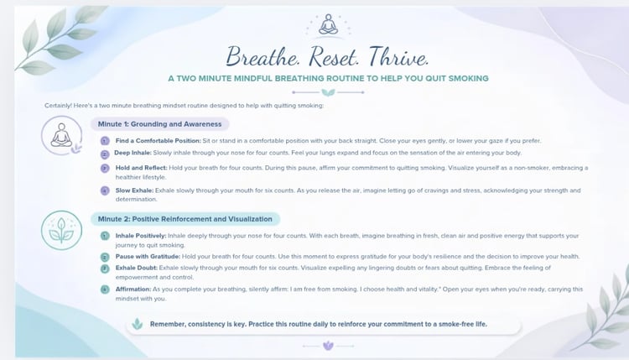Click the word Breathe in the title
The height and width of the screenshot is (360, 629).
pos(263,56)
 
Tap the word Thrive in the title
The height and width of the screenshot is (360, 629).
pos(398,56)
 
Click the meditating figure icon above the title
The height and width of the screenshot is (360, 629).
pos(328,25)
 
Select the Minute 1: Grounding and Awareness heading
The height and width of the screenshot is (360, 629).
pos(159,124)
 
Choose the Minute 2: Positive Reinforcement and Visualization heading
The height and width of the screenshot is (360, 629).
pos(185,219)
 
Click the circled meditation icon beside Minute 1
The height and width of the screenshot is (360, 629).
pos(61,136)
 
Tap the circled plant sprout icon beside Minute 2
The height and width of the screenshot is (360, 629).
pos(61,231)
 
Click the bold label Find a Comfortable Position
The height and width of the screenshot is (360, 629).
pos(158,141)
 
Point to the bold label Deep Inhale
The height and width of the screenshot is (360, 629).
pos(133,153)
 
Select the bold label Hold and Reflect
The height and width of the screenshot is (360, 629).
pos(141,168)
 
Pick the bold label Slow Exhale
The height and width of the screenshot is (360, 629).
pos(134,190)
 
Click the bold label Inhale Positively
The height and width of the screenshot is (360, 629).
pos(141,236)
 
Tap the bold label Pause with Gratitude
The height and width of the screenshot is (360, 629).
pos(148,257)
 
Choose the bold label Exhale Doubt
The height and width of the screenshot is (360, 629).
pos(137,268)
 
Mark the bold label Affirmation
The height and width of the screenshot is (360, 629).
pos(133,289)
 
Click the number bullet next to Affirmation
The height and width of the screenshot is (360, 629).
pos(105,290)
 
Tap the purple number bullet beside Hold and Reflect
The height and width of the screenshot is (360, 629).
pos(105,168)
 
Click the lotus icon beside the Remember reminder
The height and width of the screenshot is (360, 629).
pos(138,324)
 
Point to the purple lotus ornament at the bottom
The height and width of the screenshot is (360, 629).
pos(328,346)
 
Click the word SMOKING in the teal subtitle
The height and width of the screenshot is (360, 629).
pos(469,78)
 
